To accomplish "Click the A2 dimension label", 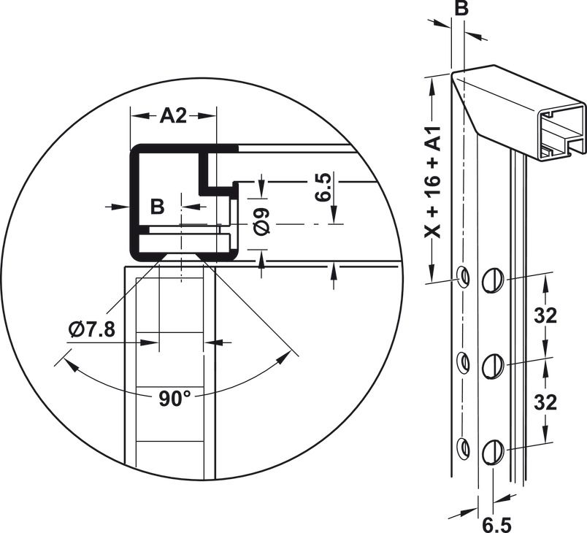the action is tap(173, 115).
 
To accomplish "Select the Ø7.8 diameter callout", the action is tap(92, 330).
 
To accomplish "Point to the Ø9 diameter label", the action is tap(261, 221).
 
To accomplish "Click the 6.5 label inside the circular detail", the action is tap(323, 187).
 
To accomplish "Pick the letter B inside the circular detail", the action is tap(157, 206).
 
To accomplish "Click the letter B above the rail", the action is tap(461, 8).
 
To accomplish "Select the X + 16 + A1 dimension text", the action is tap(433, 182).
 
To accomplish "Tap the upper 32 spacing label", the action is tap(545, 316).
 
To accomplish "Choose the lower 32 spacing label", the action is tap(545, 403).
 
